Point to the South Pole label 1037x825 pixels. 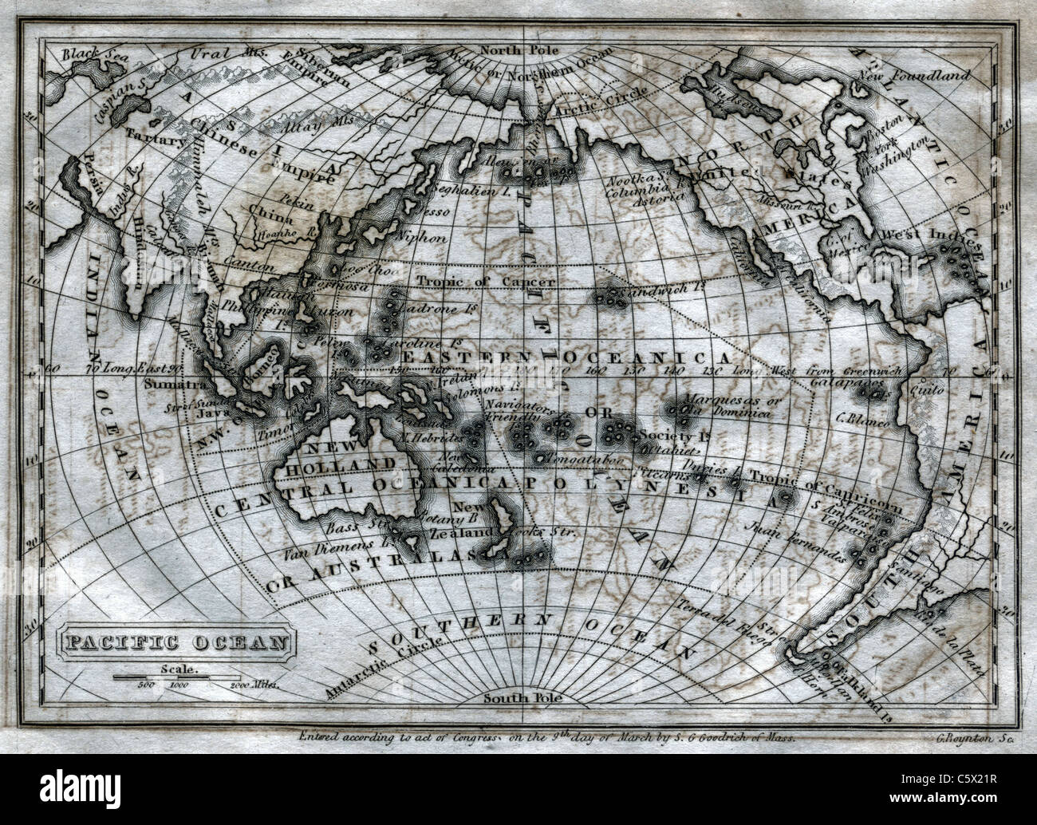click(523, 697)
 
